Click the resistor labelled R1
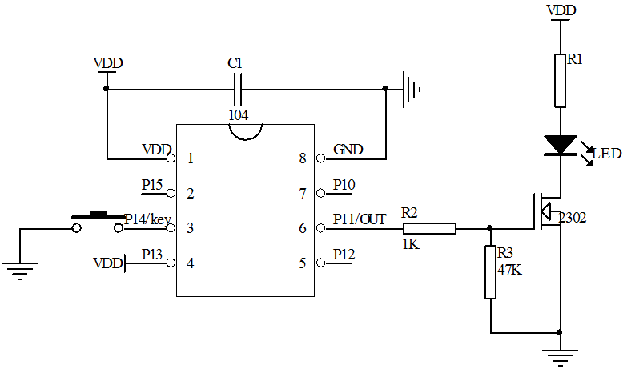tap(560, 80)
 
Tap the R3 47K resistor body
tap(490, 272)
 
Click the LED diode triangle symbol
tap(560, 145)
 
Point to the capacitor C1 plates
tap(238, 89)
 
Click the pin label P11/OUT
tap(360, 219)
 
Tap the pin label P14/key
tap(148, 219)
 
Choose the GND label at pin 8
tap(348, 149)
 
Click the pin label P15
tap(152, 184)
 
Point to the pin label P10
tap(344, 184)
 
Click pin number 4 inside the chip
tap(190, 263)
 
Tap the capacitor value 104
tap(238, 115)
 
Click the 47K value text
tap(510, 270)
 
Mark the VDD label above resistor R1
tap(559, 10)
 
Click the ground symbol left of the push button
tap(20, 271)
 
